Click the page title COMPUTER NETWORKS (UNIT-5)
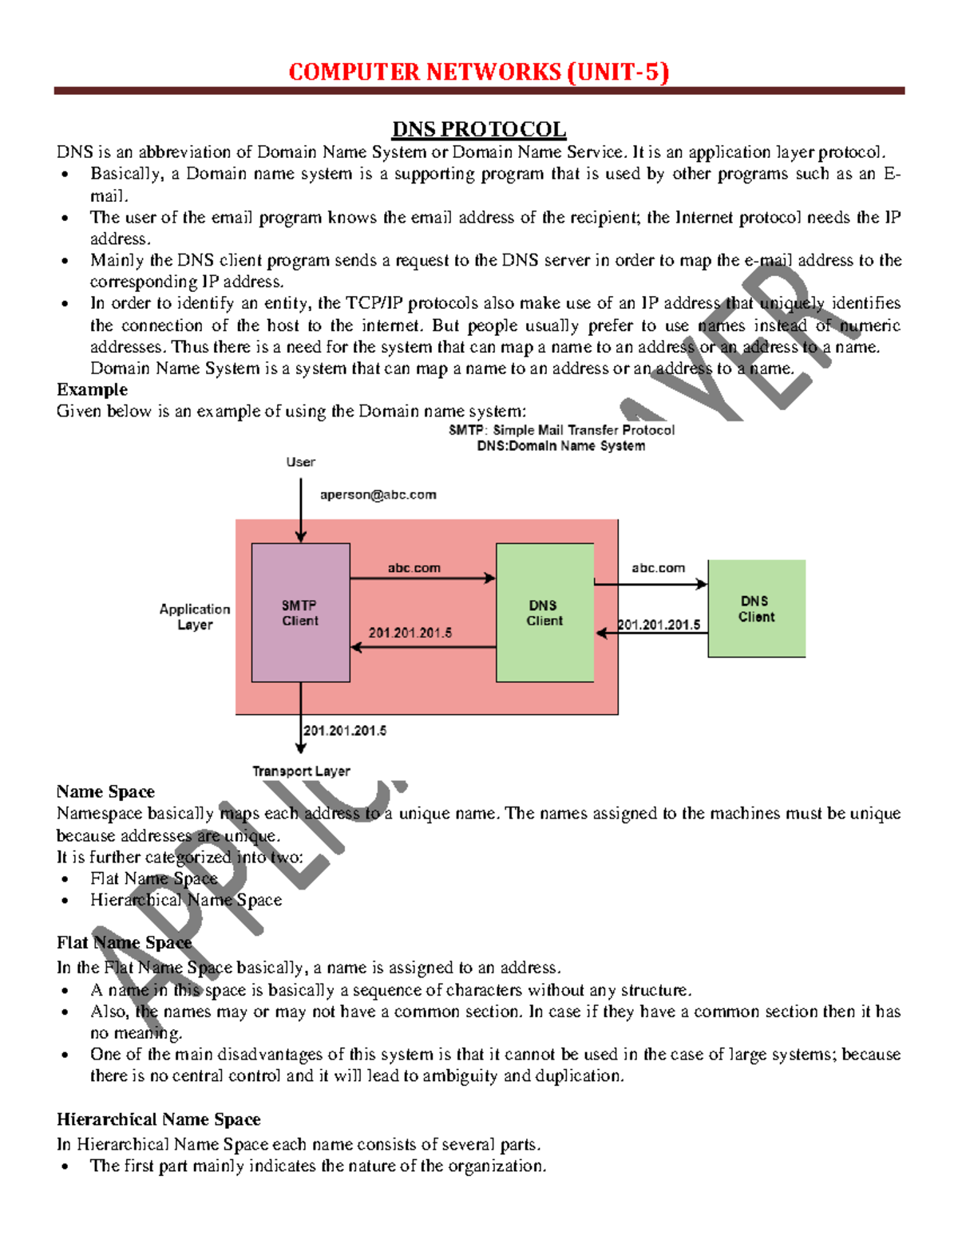(x=478, y=73)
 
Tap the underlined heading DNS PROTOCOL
(x=478, y=129)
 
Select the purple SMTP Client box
(x=300, y=613)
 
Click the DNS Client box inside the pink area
(x=544, y=613)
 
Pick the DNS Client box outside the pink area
(x=756, y=609)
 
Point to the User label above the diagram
(x=300, y=462)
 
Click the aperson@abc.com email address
(x=378, y=495)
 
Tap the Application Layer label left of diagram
(x=195, y=617)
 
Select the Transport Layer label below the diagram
(x=301, y=771)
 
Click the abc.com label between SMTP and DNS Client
(x=414, y=568)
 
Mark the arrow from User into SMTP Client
(x=301, y=511)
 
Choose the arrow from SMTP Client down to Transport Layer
(x=301, y=718)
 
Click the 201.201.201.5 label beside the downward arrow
(x=345, y=731)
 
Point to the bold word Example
(x=92, y=389)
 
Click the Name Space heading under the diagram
(x=105, y=791)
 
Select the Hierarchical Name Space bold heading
(x=158, y=1119)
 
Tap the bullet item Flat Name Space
(x=153, y=878)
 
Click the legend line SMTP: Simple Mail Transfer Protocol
(x=561, y=430)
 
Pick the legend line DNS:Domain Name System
(x=561, y=446)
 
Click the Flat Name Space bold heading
(x=124, y=942)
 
